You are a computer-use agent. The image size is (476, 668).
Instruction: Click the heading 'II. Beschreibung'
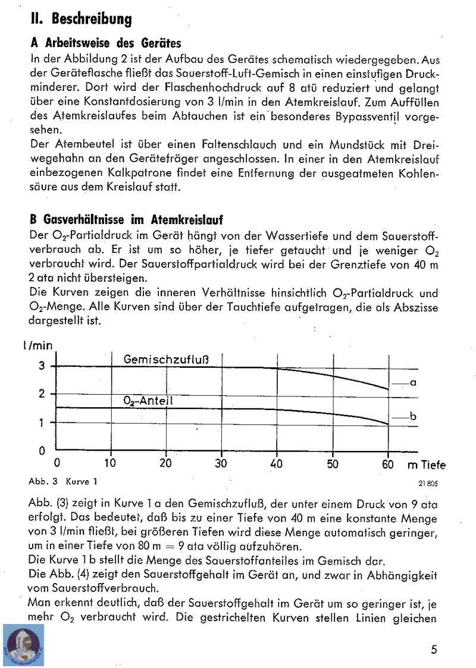click(x=81, y=19)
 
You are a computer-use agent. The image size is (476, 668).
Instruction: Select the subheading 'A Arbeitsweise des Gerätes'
click(x=105, y=44)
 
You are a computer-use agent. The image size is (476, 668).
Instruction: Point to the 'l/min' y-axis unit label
click(x=37, y=345)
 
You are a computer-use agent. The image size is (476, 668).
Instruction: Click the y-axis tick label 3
click(x=42, y=366)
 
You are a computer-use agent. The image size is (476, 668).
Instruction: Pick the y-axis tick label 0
click(x=42, y=450)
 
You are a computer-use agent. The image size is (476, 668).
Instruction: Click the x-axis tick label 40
click(x=277, y=464)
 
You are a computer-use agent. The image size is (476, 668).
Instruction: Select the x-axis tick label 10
click(x=111, y=464)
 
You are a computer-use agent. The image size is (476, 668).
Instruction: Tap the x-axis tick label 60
click(x=388, y=464)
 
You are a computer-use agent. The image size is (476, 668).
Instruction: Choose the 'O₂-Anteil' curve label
click(x=148, y=401)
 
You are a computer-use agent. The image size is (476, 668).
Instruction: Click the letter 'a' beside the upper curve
click(x=413, y=383)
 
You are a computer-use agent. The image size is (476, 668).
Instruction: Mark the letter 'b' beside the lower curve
click(x=413, y=418)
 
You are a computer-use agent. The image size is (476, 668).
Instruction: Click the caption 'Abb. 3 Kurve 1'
click(x=62, y=480)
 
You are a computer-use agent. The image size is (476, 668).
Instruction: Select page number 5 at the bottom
click(x=435, y=649)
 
